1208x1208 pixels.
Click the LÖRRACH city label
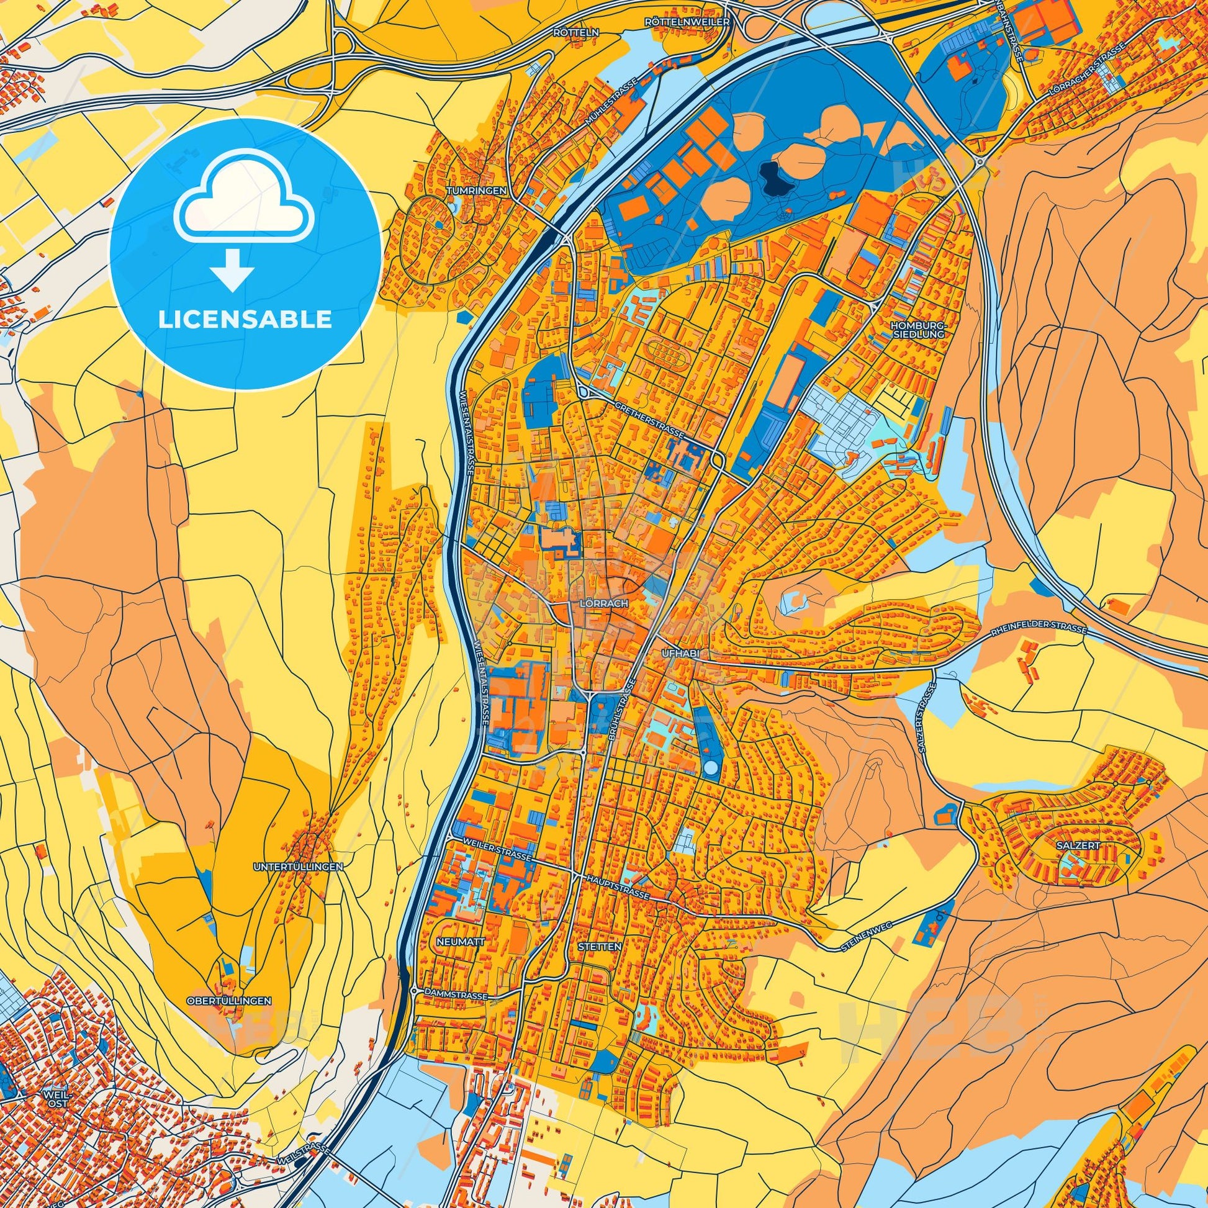(598, 605)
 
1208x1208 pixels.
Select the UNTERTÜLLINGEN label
(298, 867)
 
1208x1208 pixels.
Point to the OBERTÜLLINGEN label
(229, 1018)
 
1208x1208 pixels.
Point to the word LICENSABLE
(245, 320)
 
